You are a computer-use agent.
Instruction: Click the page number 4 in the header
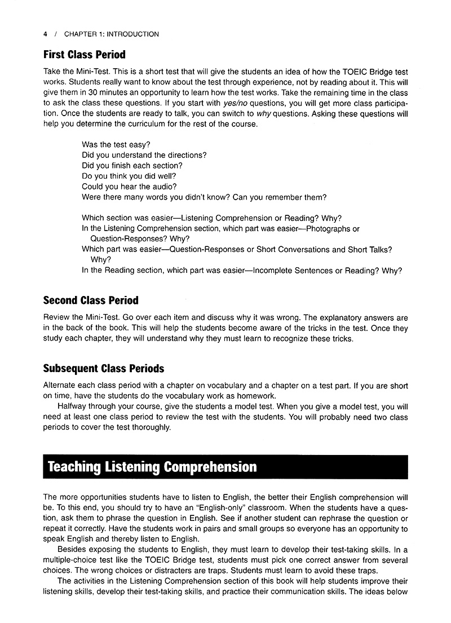tap(45, 34)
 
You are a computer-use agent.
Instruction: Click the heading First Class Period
tap(84, 55)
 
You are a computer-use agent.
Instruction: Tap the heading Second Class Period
tap(90, 301)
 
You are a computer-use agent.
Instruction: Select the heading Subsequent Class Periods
tap(103, 368)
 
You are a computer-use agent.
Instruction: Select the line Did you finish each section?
tap(132, 166)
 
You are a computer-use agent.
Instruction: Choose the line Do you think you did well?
tap(129, 176)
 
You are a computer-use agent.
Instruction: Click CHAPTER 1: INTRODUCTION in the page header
tap(111, 34)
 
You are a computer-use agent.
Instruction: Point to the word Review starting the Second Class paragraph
tap(56, 317)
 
